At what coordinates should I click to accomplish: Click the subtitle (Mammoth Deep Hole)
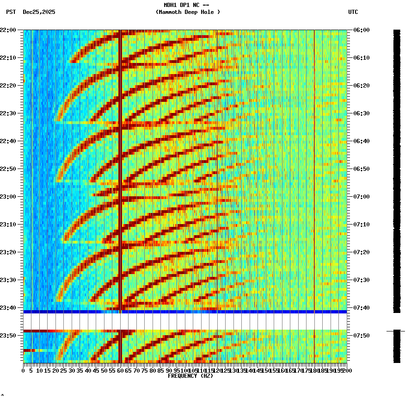[188, 12]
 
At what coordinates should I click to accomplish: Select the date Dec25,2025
[39, 12]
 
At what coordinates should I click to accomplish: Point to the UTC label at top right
[353, 12]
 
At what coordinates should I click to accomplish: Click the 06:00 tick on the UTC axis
[361, 30]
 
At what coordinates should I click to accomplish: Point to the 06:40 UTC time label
[361, 141]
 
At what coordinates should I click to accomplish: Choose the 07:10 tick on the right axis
[361, 225]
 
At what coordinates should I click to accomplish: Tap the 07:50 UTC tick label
[361, 335]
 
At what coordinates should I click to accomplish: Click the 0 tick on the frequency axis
[24, 370]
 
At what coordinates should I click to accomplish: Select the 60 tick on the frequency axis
[120, 370]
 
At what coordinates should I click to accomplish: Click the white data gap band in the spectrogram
[185, 321]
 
